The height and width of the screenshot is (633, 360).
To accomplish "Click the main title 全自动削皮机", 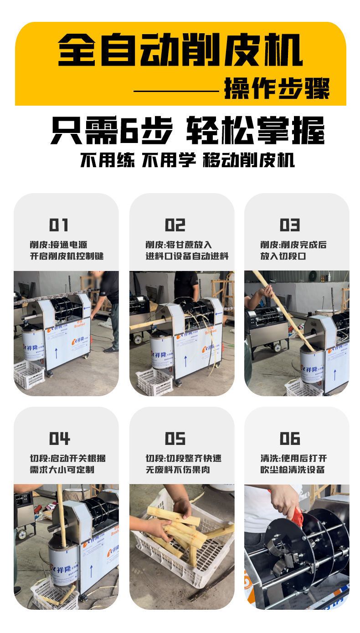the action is click(180, 50).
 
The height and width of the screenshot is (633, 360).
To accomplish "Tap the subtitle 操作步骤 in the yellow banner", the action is click(277, 88).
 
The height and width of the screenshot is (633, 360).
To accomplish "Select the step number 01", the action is click(58, 225).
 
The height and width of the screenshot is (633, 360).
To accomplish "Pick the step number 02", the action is click(175, 225).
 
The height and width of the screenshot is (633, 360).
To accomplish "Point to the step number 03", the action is click(290, 225).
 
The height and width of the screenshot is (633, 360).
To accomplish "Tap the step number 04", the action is click(59, 439).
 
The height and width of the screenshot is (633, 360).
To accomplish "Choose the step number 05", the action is click(175, 439).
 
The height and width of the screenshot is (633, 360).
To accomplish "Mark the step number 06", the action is click(290, 439).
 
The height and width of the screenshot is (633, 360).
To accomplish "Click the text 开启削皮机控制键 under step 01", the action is click(67, 256).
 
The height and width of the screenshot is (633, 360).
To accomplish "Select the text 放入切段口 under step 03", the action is click(283, 256).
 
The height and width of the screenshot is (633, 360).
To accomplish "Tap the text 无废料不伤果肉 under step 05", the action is click(178, 470).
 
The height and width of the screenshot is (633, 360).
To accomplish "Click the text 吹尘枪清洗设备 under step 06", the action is click(292, 470).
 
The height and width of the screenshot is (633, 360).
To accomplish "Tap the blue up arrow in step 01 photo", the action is click(56, 353).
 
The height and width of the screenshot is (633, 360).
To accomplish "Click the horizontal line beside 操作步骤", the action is click(176, 91).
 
